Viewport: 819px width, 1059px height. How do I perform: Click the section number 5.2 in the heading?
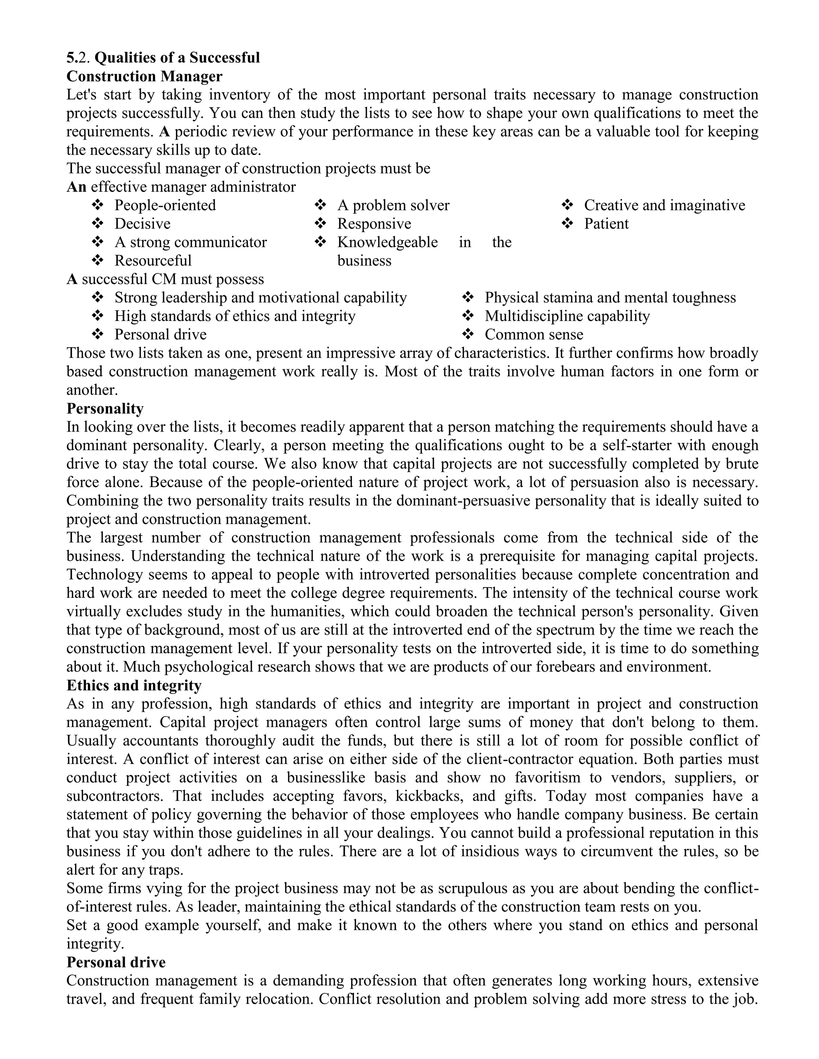(78, 58)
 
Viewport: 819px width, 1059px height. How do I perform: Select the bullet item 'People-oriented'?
(165, 205)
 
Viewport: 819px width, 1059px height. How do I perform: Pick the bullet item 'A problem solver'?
(393, 205)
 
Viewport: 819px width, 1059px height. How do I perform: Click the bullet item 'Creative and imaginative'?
(664, 205)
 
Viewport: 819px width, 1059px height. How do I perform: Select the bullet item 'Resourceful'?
(153, 261)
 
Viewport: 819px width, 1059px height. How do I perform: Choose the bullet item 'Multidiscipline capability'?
(567, 316)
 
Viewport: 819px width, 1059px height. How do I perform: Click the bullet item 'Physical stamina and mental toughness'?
(610, 297)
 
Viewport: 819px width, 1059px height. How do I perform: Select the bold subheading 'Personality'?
(105, 408)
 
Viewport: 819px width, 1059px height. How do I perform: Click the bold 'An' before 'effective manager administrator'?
(76, 187)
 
